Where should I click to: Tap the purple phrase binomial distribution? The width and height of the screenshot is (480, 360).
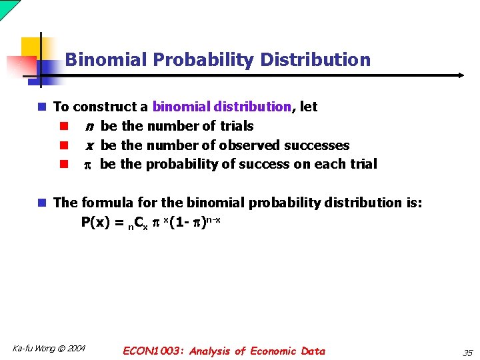[222, 107]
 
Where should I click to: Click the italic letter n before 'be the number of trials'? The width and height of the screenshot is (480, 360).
[89, 127]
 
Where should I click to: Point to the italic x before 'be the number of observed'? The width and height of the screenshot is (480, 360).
[89, 146]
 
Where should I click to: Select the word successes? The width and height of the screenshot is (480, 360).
[317, 145]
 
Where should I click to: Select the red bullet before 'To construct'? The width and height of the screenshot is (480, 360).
[41, 107]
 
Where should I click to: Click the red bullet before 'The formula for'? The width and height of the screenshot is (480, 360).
[41, 203]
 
